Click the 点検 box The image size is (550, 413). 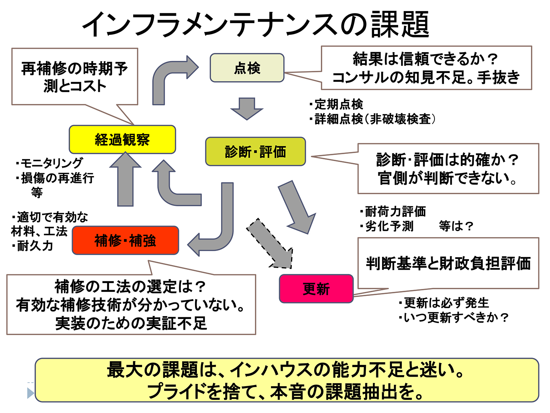pos(247,68)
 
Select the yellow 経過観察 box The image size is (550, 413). pos(122,140)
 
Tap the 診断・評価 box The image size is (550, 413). pos(255,152)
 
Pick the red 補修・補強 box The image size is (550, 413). pos(125,240)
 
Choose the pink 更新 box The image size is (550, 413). pos(316,289)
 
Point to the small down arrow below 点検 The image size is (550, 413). pos(247,108)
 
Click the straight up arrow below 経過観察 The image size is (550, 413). pos(125,180)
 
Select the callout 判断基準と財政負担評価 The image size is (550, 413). pos(448,263)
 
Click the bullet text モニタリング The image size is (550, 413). pos(51,163)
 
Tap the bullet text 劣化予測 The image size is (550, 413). pos(389,226)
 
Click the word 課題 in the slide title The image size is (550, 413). pos(400,24)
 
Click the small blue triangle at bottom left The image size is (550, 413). pos(30,393)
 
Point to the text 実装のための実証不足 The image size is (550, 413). pos(131,323)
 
